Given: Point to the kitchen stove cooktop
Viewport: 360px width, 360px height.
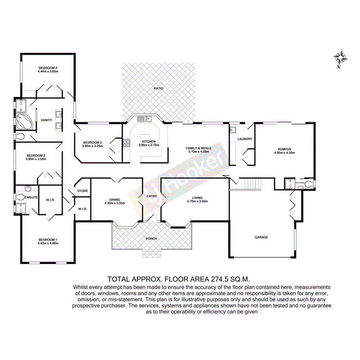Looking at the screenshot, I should [126, 143].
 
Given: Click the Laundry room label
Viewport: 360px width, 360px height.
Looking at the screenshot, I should [245, 139].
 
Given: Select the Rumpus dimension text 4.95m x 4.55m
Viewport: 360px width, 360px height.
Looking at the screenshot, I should [284, 153].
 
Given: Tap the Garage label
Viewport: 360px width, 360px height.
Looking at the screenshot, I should [261, 237].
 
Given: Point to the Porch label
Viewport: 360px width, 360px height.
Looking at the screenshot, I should [151, 238].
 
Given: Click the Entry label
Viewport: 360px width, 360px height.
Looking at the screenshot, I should [151, 196].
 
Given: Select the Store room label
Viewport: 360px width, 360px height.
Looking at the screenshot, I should [82, 191].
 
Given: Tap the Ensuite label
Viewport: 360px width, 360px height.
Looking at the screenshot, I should [31, 197].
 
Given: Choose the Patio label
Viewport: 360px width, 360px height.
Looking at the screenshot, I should [158, 88].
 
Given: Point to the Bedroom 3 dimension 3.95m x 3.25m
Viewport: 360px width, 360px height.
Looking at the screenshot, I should [92, 146].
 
